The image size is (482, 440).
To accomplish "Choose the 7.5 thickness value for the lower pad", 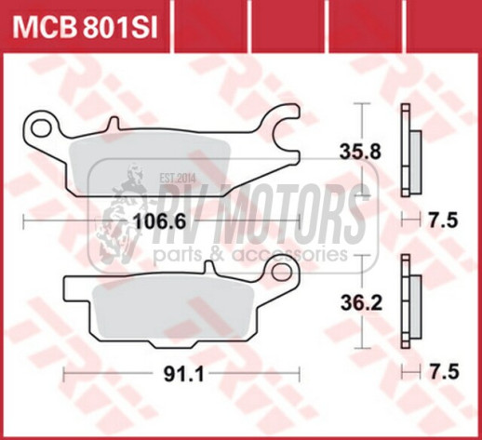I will (x=443, y=373).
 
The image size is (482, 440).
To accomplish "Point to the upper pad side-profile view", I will (x=408, y=149).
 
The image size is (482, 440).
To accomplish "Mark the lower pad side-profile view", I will (x=408, y=300).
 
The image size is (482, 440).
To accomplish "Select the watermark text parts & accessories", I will (x=251, y=253).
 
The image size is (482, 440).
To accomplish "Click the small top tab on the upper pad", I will (x=114, y=122).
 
